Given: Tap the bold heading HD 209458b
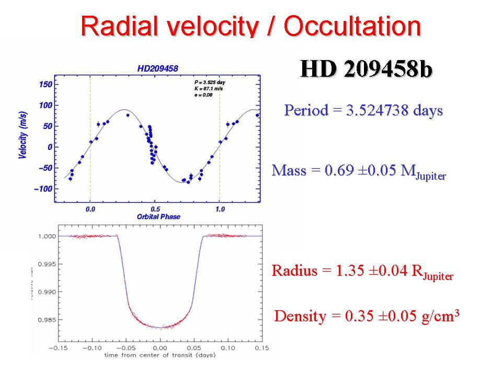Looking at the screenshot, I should [x=366, y=70].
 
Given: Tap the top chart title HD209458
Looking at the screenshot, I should [x=157, y=68].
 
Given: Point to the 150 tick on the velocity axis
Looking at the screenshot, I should [x=45, y=85].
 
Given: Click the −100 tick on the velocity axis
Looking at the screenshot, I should [x=43, y=189].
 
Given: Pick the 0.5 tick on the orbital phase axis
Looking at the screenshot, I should [x=155, y=208].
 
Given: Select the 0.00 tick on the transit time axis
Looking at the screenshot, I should [x=160, y=347].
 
